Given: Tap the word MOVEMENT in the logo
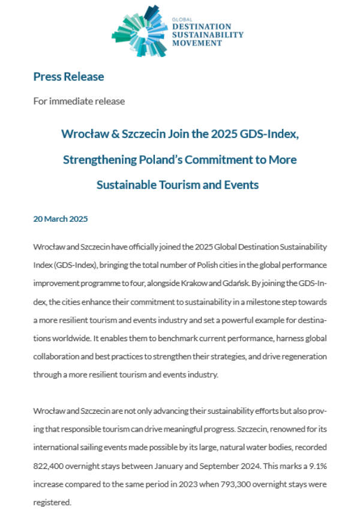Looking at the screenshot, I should click(193, 43).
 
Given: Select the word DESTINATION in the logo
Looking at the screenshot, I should click(201, 26).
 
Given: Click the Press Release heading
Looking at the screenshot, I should click(68, 77).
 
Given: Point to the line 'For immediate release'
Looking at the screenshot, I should click(79, 101).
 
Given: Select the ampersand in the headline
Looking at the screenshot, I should click(109, 134).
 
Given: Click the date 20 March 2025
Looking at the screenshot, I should click(60, 219).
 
